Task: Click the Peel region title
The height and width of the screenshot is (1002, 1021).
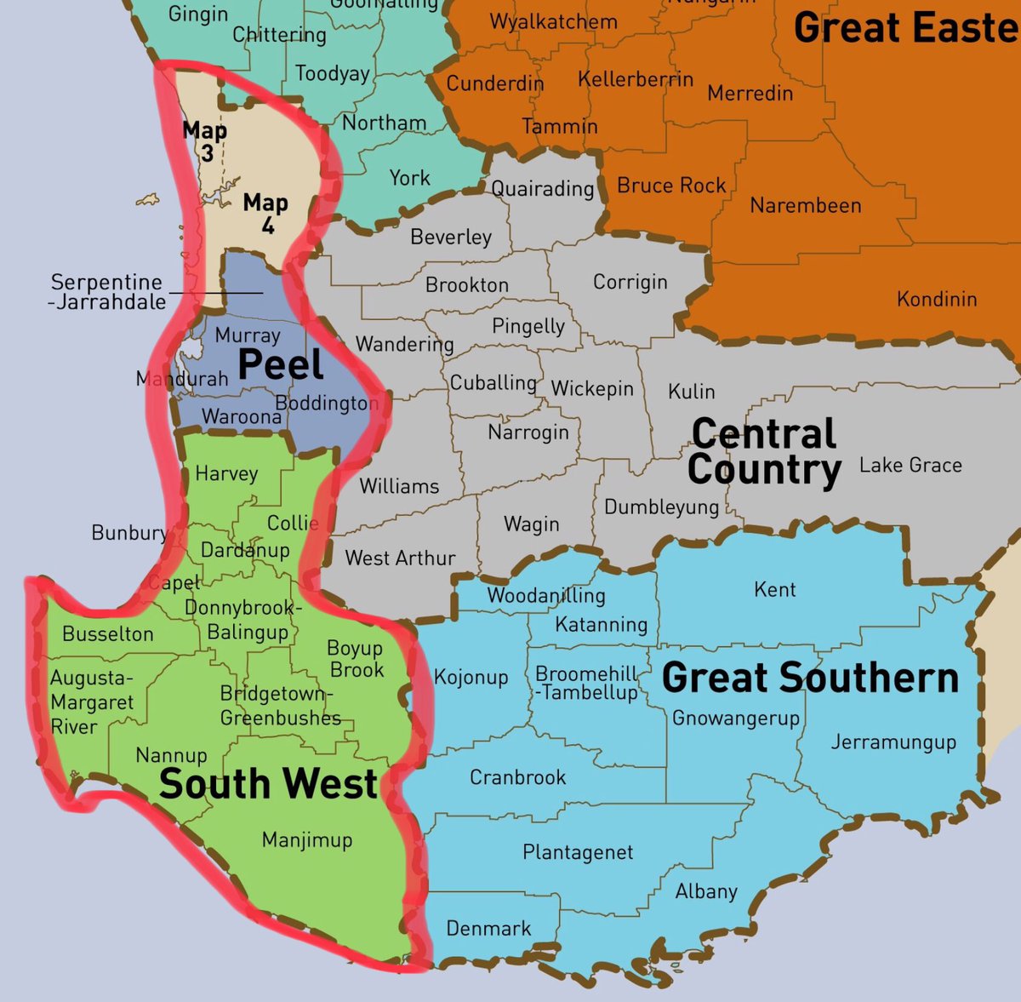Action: point(281,365)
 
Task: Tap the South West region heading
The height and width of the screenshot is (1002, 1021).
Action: point(268,784)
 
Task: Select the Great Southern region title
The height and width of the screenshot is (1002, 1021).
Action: point(810,678)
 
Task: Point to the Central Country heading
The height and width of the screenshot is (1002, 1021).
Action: point(764,451)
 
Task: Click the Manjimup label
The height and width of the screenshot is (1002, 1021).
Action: point(306,840)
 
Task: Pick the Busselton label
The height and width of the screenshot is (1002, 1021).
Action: point(108,634)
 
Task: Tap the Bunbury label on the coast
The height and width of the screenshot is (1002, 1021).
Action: point(129,533)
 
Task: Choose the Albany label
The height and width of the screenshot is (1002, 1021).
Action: point(706,891)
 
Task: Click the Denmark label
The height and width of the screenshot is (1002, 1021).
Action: point(488,928)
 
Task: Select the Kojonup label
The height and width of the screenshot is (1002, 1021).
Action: point(471,678)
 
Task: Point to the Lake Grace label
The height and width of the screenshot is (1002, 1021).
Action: point(910,465)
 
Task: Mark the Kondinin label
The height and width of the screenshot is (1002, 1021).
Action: point(937,299)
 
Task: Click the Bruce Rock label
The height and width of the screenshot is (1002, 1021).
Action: point(671,186)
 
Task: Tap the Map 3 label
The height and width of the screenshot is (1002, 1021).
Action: point(205,141)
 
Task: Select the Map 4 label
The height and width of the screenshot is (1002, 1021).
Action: point(265,213)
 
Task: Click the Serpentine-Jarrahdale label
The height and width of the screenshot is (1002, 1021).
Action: point(107,291)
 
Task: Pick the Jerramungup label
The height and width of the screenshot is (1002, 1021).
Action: point(893,742)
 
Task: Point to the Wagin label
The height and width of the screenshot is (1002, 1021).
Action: point(532,524)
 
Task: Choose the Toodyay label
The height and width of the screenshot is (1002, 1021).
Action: point(333,74)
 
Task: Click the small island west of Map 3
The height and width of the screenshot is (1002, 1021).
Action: point(147,201)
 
